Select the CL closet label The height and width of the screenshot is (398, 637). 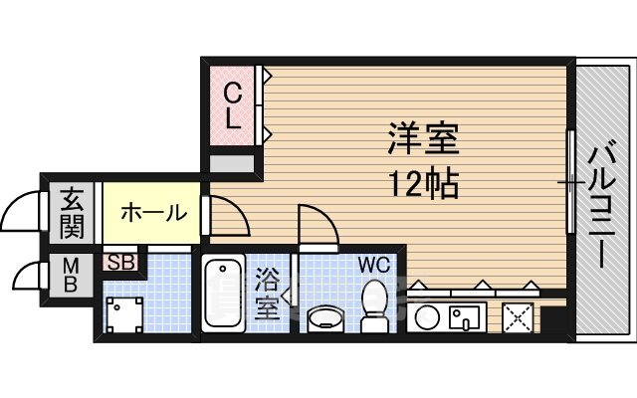[232, 105]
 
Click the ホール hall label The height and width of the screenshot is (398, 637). [154, 212]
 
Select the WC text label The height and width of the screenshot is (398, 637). [374, 266]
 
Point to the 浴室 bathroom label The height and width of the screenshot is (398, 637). [267, 293]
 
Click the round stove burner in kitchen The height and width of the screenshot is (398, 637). [426, 319]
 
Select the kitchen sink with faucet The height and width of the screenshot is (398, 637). [465, 318]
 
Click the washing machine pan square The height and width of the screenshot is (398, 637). [123, 314]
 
